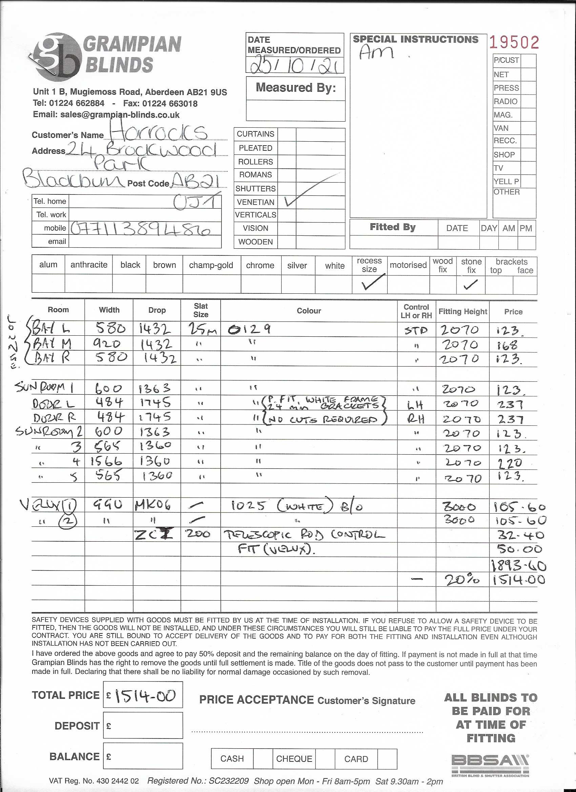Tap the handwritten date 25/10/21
[x=295, y=65]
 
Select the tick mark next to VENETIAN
[x=291, y=202]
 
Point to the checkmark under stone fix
[x=470, y=284]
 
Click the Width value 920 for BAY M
[x=106, y=344]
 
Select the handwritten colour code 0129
[x=249, y=329]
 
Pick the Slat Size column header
[x=201, y=310]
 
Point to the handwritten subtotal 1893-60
[x=518, y=565]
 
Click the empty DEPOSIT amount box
[x=143, y=726]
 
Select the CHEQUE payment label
[x=294, y=758]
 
